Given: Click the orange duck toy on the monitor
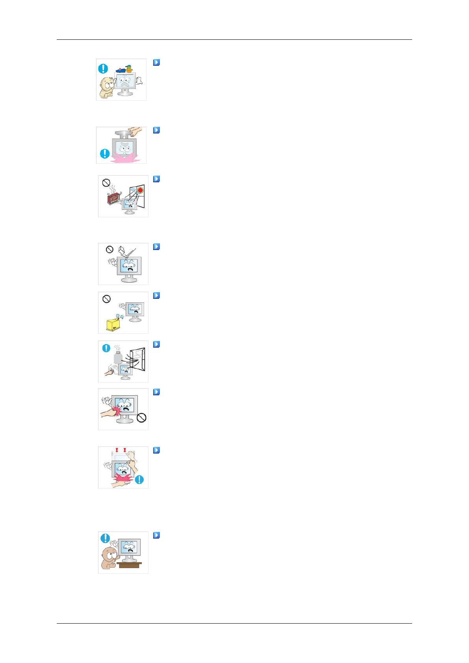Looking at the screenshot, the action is [128, 69].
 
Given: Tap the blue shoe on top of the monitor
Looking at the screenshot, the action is [121, 70].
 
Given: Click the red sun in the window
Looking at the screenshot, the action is [140, 190].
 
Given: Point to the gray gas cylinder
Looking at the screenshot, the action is [118, 357].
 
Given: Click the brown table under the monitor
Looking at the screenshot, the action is [129, 565].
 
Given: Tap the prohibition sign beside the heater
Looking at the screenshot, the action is [106, 183].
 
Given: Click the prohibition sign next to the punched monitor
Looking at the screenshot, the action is [141, 418].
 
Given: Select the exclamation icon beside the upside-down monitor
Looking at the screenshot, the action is [105, 153].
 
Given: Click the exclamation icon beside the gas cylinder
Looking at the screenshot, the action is [106, 348].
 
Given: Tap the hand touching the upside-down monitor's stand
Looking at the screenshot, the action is [135, 131].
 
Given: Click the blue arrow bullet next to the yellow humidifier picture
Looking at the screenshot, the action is [156, 295].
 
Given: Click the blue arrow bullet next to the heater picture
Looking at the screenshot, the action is [156, 179].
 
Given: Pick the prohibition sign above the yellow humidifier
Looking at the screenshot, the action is [106, 299].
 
